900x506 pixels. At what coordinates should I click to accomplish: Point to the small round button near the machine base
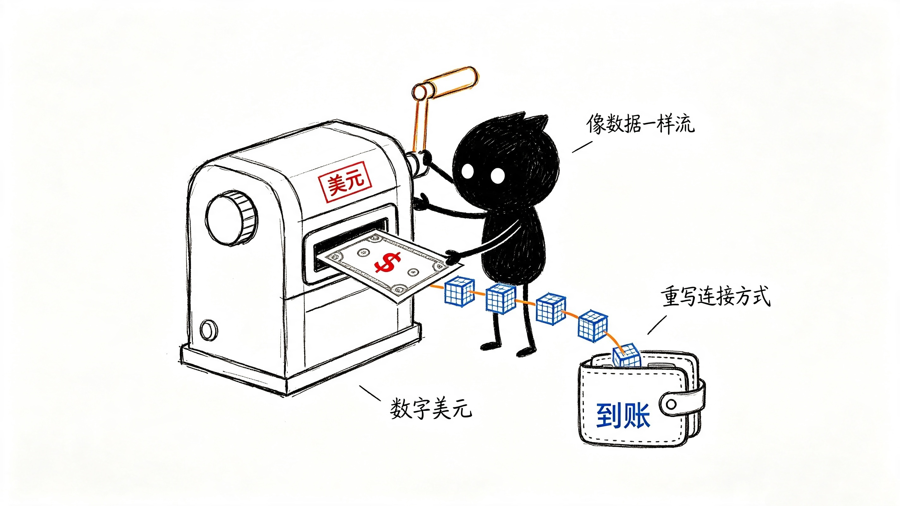(x=209, y=329)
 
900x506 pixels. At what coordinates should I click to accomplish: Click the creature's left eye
(x=467, y=171)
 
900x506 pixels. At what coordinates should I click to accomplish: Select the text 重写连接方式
(x=715, y=296)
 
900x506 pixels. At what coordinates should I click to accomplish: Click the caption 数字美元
(x=431, y=408)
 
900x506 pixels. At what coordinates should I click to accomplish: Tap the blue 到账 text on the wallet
(x=623, y=416)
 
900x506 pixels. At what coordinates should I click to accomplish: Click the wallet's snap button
(x=671, y=404)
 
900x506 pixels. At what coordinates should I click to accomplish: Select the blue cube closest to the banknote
(x=459, y=291)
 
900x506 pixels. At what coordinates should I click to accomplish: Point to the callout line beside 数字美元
(x=370, y=393)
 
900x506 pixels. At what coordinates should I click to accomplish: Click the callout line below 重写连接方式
(x=657, y=325)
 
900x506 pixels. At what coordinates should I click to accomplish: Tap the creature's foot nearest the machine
(x=490, y=346)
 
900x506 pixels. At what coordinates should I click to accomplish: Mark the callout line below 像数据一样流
(x=582, y=147)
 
